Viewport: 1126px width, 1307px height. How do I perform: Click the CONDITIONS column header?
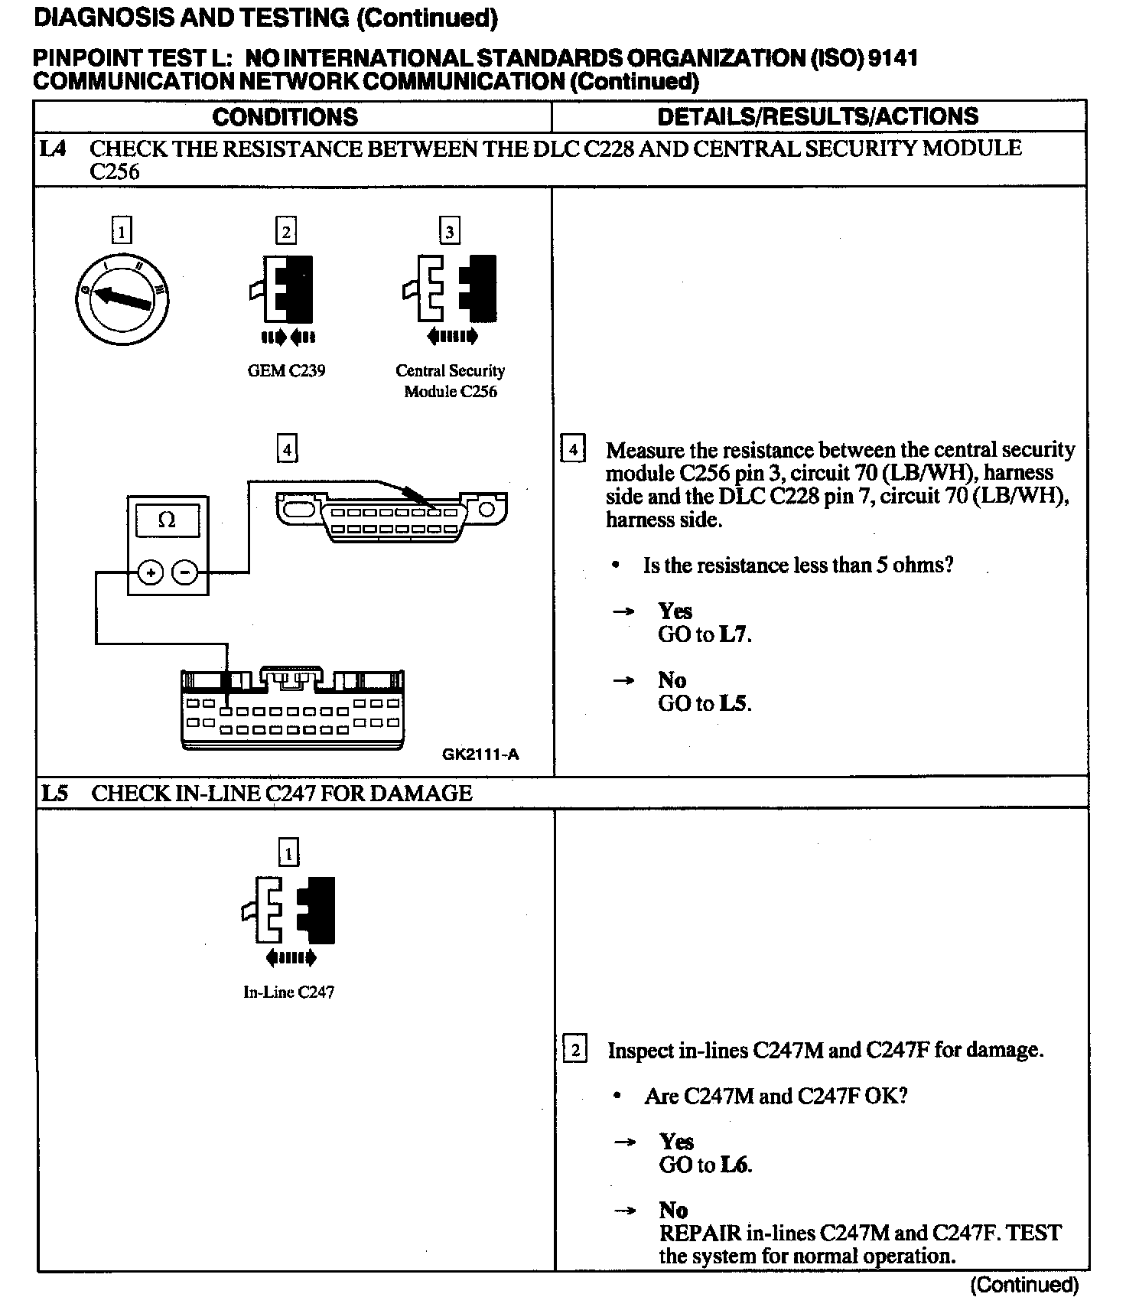(x=285, y=116)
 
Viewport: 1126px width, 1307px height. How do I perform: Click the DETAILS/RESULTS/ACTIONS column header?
(x=818, y=116)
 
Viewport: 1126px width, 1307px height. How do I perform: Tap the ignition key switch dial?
(x=122, y=298)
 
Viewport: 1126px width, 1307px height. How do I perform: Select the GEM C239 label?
(x=286, y=371)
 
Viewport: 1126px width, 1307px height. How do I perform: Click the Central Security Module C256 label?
(x=451, y=381)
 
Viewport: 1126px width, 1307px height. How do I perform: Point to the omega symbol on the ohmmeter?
(x=167, y=520)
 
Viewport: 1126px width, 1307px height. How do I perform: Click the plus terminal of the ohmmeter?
(x=151, y=572)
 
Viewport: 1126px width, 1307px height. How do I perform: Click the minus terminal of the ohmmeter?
(x=184, y=572)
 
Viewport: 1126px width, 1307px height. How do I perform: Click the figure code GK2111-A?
(x=480, y=755)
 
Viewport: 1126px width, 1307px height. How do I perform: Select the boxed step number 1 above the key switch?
(x=122, y=230)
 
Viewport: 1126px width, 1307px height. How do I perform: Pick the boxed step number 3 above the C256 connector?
(x=450, y=231)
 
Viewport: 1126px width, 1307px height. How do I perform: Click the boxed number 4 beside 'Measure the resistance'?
(x=573, y=448)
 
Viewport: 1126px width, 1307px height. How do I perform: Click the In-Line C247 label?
(x=288, y=992)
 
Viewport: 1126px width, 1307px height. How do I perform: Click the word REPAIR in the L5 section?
(x=700, y=1233)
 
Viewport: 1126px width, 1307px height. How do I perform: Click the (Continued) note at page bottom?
(x=1024, y=1285)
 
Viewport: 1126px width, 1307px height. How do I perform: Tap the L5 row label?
(x=54, y=794)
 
